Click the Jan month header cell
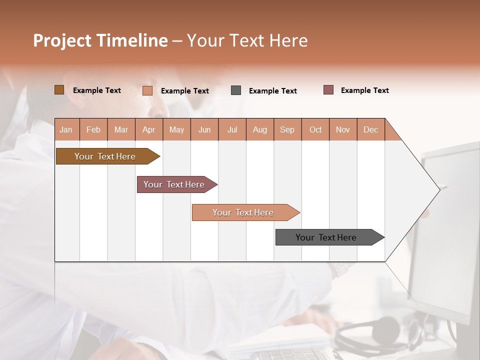(66, 129)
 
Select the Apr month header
(149, 129)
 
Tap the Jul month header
(232, 129)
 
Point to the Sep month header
(287, 129)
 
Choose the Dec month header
(370, 129)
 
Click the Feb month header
(93, 129)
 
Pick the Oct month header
(315, 129)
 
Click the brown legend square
(59, 90)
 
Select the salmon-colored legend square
(147, 90)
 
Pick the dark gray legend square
(236, 90)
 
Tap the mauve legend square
(328, 90)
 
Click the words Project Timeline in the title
(100, 40)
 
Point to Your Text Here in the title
(247, 40)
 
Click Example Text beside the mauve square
(364, 90)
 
